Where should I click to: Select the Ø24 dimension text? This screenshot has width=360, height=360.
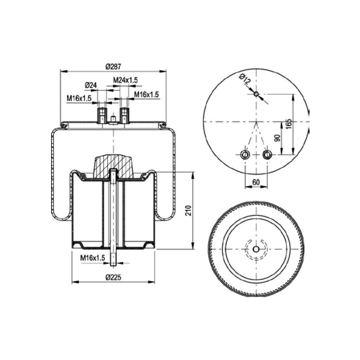91,85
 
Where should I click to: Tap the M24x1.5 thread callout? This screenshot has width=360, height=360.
126,80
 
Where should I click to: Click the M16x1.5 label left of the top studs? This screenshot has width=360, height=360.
79,98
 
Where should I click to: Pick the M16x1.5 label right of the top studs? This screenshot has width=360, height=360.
147,94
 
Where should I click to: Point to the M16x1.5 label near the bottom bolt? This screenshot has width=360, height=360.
93,258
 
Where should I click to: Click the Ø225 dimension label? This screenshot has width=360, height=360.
113,277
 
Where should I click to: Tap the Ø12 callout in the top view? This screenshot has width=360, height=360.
245,79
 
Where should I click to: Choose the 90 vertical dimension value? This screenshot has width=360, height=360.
277,138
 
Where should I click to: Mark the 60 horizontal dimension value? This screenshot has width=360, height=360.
256,182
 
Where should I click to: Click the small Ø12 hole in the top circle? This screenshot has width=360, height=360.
256,94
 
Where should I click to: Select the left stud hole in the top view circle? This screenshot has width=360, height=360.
245,155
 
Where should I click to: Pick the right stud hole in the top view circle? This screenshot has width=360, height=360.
267,155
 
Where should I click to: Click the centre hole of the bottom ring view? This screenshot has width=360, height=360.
256,249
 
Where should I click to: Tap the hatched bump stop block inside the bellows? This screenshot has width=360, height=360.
113,166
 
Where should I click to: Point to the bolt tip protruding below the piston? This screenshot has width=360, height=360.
113,263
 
